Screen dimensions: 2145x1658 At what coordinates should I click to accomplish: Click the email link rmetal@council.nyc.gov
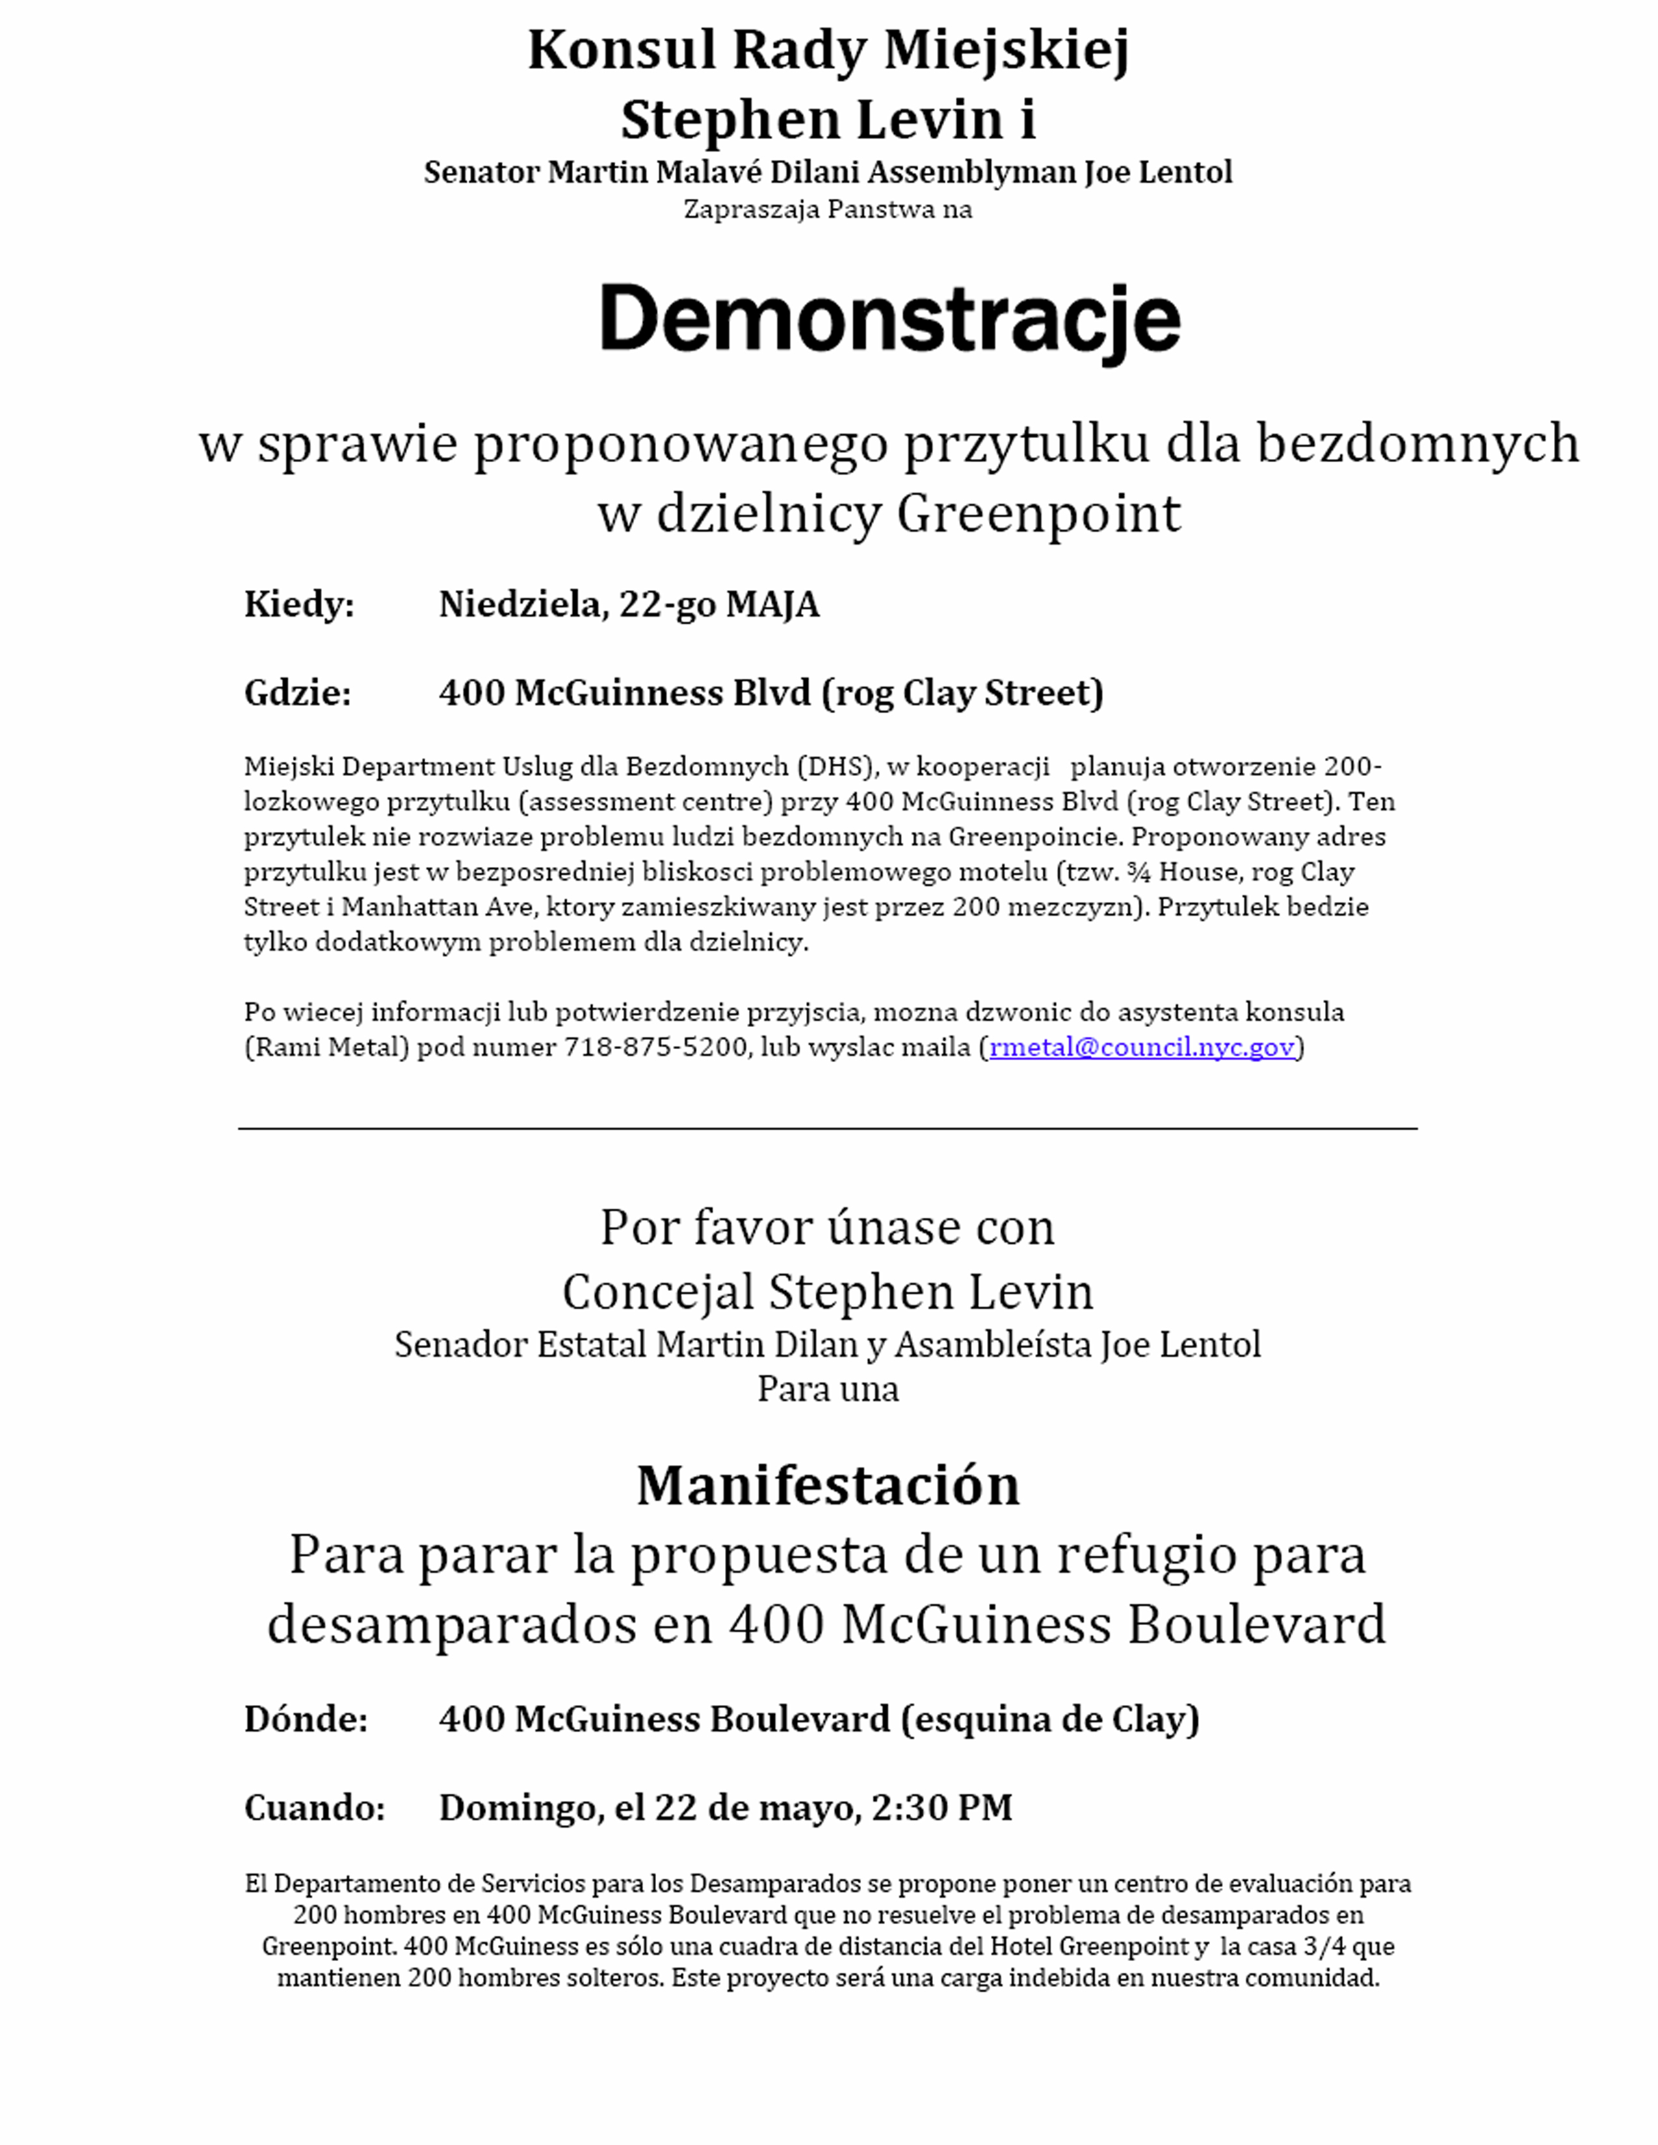(x=1141, y=1047)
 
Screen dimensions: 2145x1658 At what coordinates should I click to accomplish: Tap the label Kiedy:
(x=298, y=604)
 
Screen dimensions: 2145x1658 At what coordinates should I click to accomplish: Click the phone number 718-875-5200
(x=655, y=1047)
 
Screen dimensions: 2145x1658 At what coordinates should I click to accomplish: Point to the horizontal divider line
(x=827, y=1128)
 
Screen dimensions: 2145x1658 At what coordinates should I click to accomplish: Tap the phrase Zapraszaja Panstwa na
(x=827, y=209)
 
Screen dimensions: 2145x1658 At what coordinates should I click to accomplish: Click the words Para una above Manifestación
(x=827, y=1389)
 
